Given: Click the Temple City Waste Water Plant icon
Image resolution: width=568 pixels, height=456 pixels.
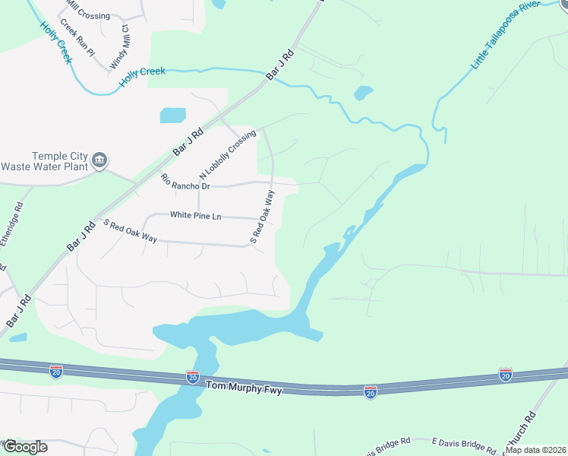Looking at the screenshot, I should [99, 160].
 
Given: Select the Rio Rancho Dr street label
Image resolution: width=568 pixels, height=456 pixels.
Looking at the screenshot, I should [185, 182].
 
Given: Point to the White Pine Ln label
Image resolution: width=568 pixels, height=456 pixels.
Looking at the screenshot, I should [195, 216].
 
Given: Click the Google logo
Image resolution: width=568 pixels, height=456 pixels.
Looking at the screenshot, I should [24, 447].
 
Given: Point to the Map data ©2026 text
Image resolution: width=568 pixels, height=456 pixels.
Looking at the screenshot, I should [535, 450].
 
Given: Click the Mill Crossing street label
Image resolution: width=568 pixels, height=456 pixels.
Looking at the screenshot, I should [87, 14].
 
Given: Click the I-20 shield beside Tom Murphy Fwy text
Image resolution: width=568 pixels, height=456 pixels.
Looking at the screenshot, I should [193, 377].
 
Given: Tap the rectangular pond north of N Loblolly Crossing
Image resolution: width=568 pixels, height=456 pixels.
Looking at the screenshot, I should [172, 116].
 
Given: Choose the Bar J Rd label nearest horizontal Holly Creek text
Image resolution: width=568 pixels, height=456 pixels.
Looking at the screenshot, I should [279, 65].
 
